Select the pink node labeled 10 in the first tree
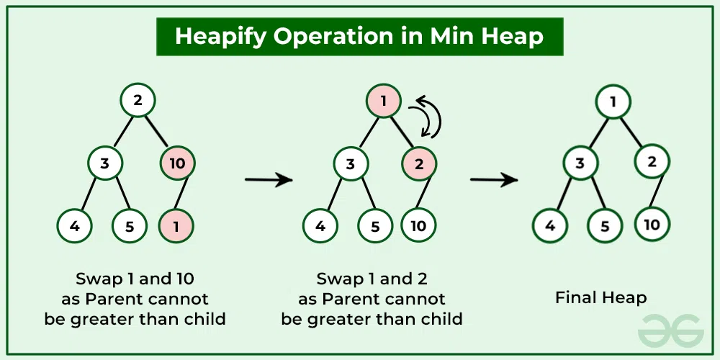(176, 163)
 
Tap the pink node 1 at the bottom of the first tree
(176, 226)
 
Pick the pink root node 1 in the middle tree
(384, 101)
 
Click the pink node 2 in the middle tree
(418, 163)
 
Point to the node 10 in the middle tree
(418, 226)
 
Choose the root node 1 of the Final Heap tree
(613, 102)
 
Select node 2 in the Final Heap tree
(652, 161)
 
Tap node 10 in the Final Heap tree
(652, 225)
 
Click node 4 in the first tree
(75, 226)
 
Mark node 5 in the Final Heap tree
(606, 226)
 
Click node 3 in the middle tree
(350, 163)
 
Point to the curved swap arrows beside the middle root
(425, 117)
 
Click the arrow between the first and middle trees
(269, 179)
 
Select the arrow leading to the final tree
(494, 179)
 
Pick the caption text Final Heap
(600, 297)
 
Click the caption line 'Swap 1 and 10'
(135, 279)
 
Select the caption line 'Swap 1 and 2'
(372, 279)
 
